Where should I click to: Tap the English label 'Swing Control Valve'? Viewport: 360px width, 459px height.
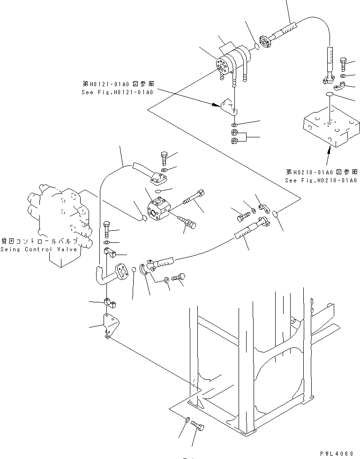coord(38,249)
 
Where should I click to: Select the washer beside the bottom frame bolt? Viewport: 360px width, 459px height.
coord(187,421)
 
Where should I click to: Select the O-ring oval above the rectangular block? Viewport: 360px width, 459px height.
coord(330,95)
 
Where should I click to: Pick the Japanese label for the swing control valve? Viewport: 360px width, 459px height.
coord(38,241)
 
